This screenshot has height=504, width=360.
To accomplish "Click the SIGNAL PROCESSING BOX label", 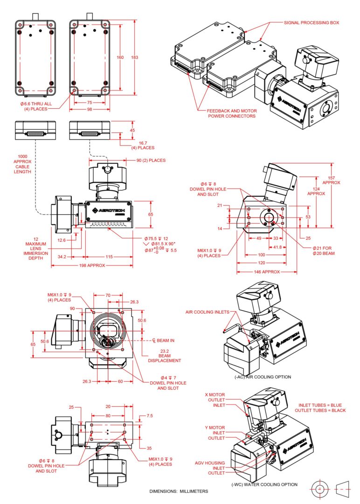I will [311, 22].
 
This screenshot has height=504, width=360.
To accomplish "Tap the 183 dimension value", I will [135, 57].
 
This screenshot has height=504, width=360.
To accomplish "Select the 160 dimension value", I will [120, 57].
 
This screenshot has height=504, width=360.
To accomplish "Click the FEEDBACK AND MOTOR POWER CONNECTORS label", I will [231, 113].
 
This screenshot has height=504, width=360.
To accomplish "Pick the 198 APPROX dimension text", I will [92, 265].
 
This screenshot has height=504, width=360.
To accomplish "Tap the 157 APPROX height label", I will [332, 180].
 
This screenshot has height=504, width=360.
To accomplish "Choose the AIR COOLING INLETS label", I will [205, 312].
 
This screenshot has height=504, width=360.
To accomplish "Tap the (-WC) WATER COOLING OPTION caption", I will [264, 484].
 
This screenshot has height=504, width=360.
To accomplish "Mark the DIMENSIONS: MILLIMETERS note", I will [179, 491].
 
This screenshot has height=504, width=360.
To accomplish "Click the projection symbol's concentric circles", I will [320, 489].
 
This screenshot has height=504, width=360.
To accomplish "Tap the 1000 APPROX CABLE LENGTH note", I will [24, 164].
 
